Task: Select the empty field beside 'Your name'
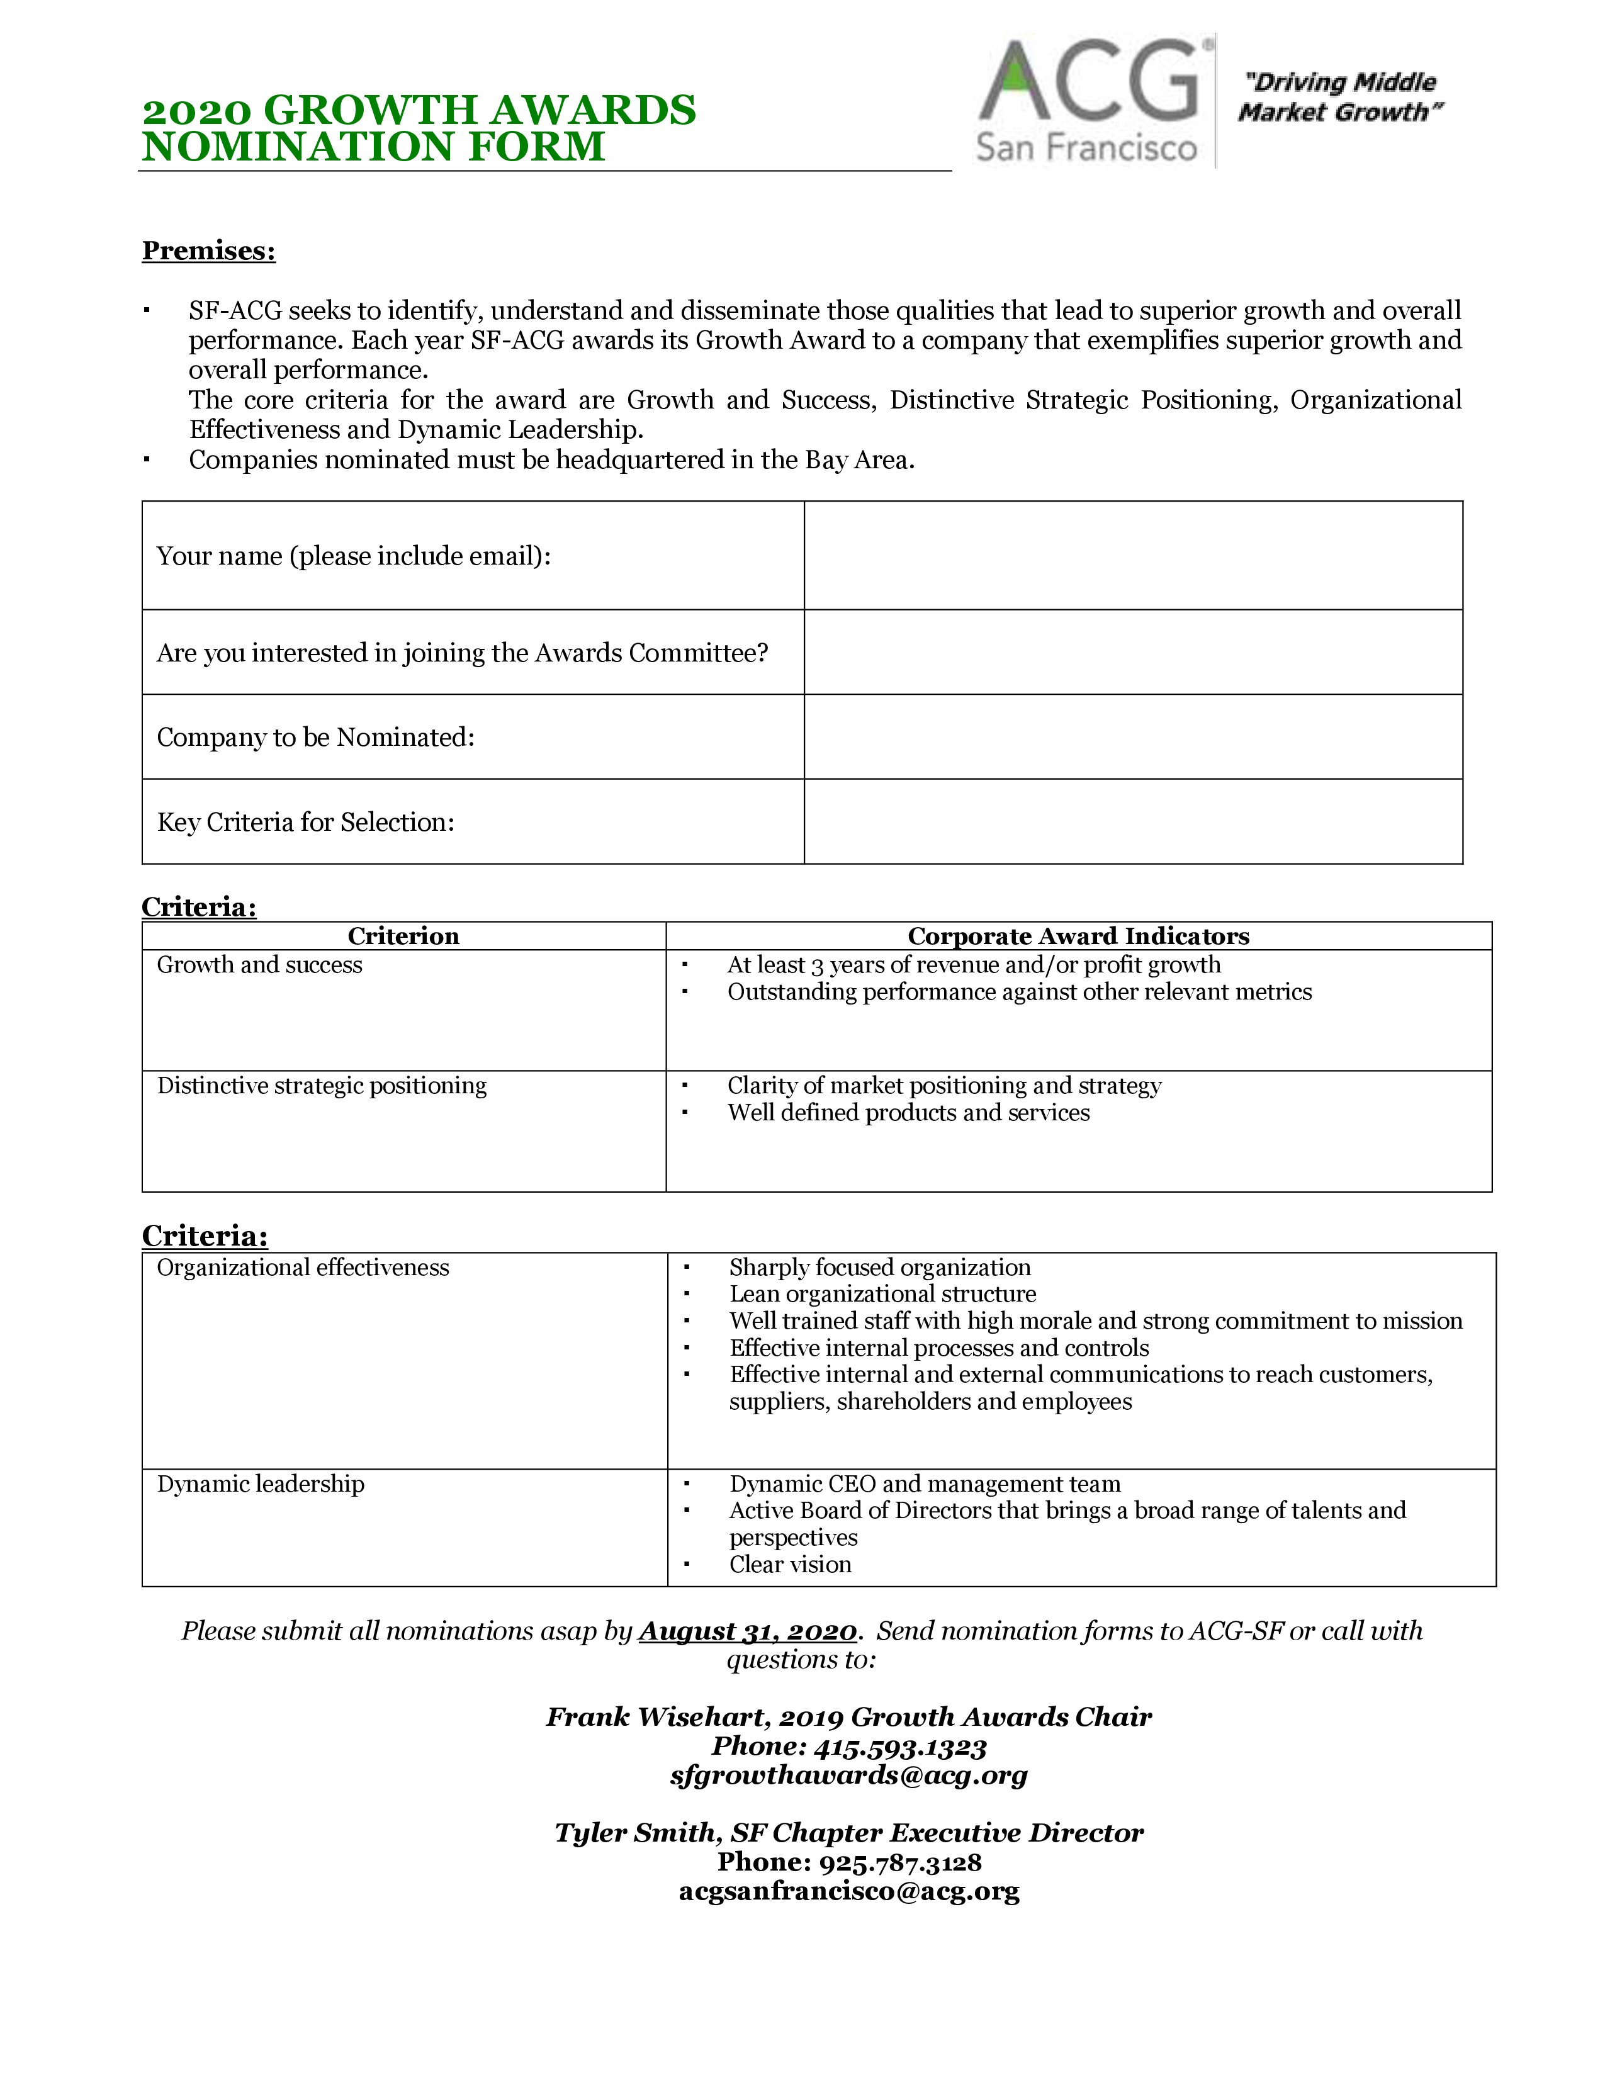1132,555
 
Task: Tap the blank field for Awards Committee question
1132,653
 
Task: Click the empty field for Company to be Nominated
1132,737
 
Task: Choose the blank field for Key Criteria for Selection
1132,821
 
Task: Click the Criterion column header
403,936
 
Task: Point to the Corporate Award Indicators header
1078,936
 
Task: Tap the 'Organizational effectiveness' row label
302,1267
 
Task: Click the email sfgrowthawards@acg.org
848,1775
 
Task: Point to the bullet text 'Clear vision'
790,1565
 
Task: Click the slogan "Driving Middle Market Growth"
1339,97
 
